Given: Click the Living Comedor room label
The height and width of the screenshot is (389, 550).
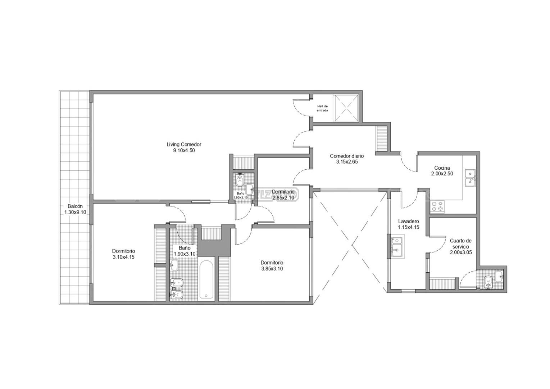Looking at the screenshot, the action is click(x=184, y=144).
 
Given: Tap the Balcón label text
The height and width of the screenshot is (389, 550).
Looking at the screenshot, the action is click(x=75, y=206).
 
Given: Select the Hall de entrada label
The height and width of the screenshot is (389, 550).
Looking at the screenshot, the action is click(x=322, y=108).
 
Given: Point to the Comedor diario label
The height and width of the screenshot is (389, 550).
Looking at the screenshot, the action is click(x=347, y=156).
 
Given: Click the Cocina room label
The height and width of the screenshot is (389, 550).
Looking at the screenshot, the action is click(x=442, y=168).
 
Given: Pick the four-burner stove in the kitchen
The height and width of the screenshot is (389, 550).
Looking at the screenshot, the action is click(x=437, y=206).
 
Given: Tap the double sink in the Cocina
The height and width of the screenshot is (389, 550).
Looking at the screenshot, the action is click(x=470, y=178).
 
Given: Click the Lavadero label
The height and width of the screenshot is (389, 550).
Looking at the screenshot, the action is click(x=409, y=221).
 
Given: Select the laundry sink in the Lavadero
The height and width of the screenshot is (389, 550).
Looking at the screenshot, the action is click(x=397, y=247).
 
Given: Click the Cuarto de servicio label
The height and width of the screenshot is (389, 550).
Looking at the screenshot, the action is click(x=461, y=244).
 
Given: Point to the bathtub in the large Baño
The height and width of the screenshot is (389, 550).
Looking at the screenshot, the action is click(x=206, y=280).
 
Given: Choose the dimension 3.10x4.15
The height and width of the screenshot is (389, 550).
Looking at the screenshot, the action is click(x=123, y=257).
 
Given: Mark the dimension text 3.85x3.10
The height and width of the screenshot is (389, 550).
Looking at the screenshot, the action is click(x=272, y=269).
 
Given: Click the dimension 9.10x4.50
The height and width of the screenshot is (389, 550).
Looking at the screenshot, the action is click(x=184, y=151).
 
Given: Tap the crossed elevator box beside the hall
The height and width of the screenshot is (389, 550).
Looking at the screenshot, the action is click(x=345, y=108).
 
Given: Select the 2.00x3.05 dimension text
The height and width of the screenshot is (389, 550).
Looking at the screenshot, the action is click(x=461, y=252).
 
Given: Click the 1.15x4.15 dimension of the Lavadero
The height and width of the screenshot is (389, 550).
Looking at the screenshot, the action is click(x=409, y=227).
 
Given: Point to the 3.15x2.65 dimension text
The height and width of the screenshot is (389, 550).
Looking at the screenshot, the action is click(x=347, y=162).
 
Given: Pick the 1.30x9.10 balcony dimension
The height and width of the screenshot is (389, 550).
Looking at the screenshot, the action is click(x=75, y=212).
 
